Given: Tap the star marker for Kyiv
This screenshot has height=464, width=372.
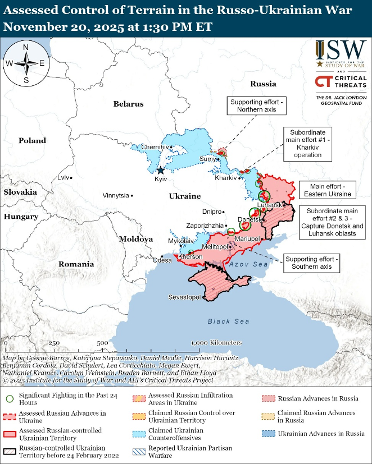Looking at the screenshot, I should point(161,170).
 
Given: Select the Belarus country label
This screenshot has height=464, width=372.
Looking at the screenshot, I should point(128,104).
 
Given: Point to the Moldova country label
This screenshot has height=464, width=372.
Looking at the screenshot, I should point(135,239).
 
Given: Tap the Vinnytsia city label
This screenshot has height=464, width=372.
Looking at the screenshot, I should point(115,196).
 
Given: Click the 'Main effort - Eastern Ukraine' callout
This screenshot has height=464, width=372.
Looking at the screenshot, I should point(328,190).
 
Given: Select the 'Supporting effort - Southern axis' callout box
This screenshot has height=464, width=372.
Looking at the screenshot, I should point(311,263).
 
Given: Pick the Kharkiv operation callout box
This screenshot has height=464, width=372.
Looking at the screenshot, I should point(307,143).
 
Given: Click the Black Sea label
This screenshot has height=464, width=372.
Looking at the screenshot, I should point(228,321).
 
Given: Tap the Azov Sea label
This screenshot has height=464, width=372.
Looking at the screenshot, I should point(248,264).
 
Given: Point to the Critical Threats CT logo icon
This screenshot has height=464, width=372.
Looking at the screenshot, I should point(323,82).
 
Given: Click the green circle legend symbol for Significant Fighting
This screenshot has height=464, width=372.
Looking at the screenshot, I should point(9,398).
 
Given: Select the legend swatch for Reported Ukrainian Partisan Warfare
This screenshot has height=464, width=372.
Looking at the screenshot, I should point(138,452).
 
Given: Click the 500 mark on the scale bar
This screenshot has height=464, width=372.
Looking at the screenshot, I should point(102,343).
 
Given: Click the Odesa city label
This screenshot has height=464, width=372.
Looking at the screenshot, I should point(162,260).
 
